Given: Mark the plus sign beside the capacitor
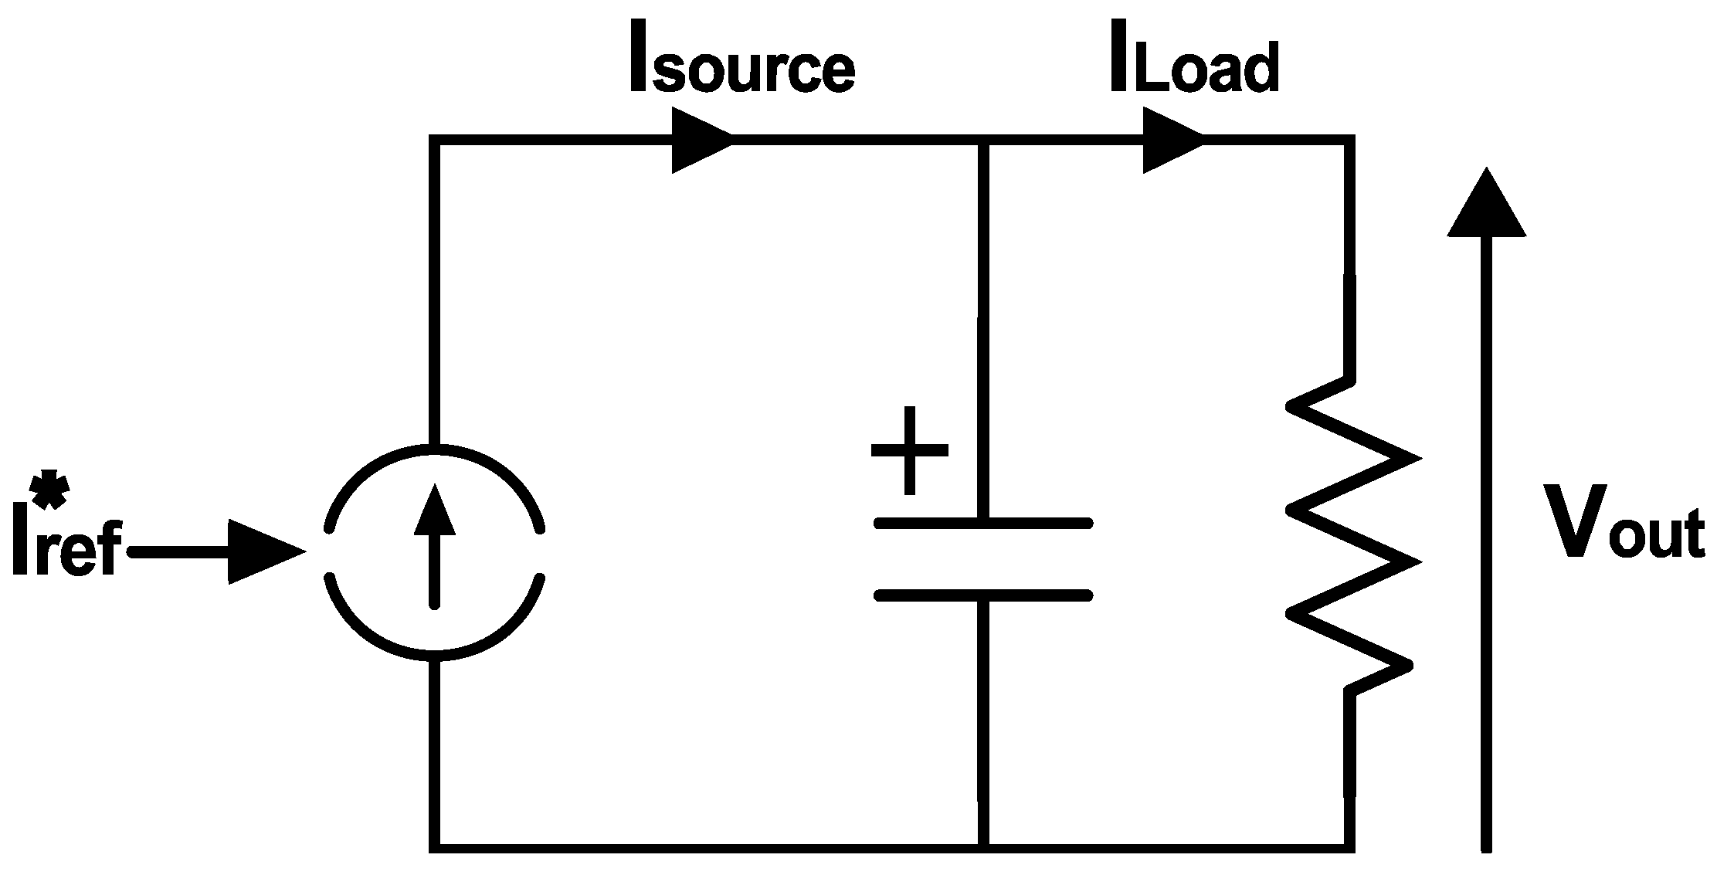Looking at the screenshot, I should point(909,450).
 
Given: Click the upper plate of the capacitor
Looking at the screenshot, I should point(982,524).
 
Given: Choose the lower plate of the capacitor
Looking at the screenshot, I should point(982,595).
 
